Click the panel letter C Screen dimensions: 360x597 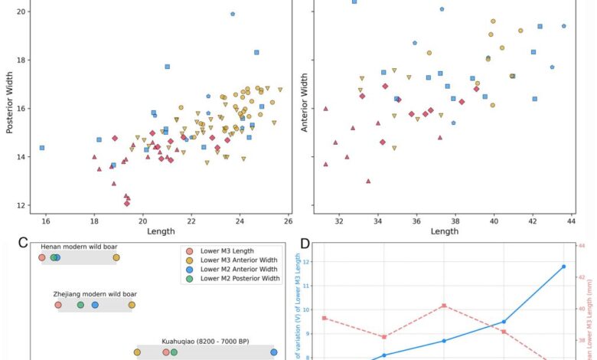coord(28,244)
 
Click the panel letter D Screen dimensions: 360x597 coord(305,244)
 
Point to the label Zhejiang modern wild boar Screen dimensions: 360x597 coord(95,294)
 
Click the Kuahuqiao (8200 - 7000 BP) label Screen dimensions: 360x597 coord(205,342)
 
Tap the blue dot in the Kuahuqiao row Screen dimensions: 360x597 coord(273,352)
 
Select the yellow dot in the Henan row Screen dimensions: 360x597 coord(116,258)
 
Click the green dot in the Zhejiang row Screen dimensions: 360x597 coord(80,305)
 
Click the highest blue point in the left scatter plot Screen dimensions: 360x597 coord(233,14)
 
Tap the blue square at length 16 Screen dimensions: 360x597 coord(42,148)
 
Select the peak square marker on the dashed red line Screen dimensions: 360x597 coord(444,306)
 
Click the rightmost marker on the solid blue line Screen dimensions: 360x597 coord(564,267)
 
